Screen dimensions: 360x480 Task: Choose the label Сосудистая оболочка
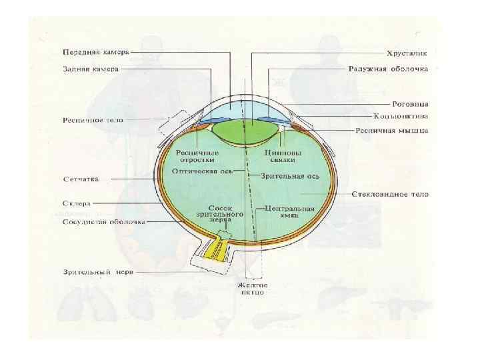[103, 221]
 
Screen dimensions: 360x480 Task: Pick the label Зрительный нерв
[94, 272]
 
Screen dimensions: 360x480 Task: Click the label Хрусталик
[407, 51]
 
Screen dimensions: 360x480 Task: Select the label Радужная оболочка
[388, 69]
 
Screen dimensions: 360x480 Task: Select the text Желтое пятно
[253, 288]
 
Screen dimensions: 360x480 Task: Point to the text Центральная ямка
[289, 212]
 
